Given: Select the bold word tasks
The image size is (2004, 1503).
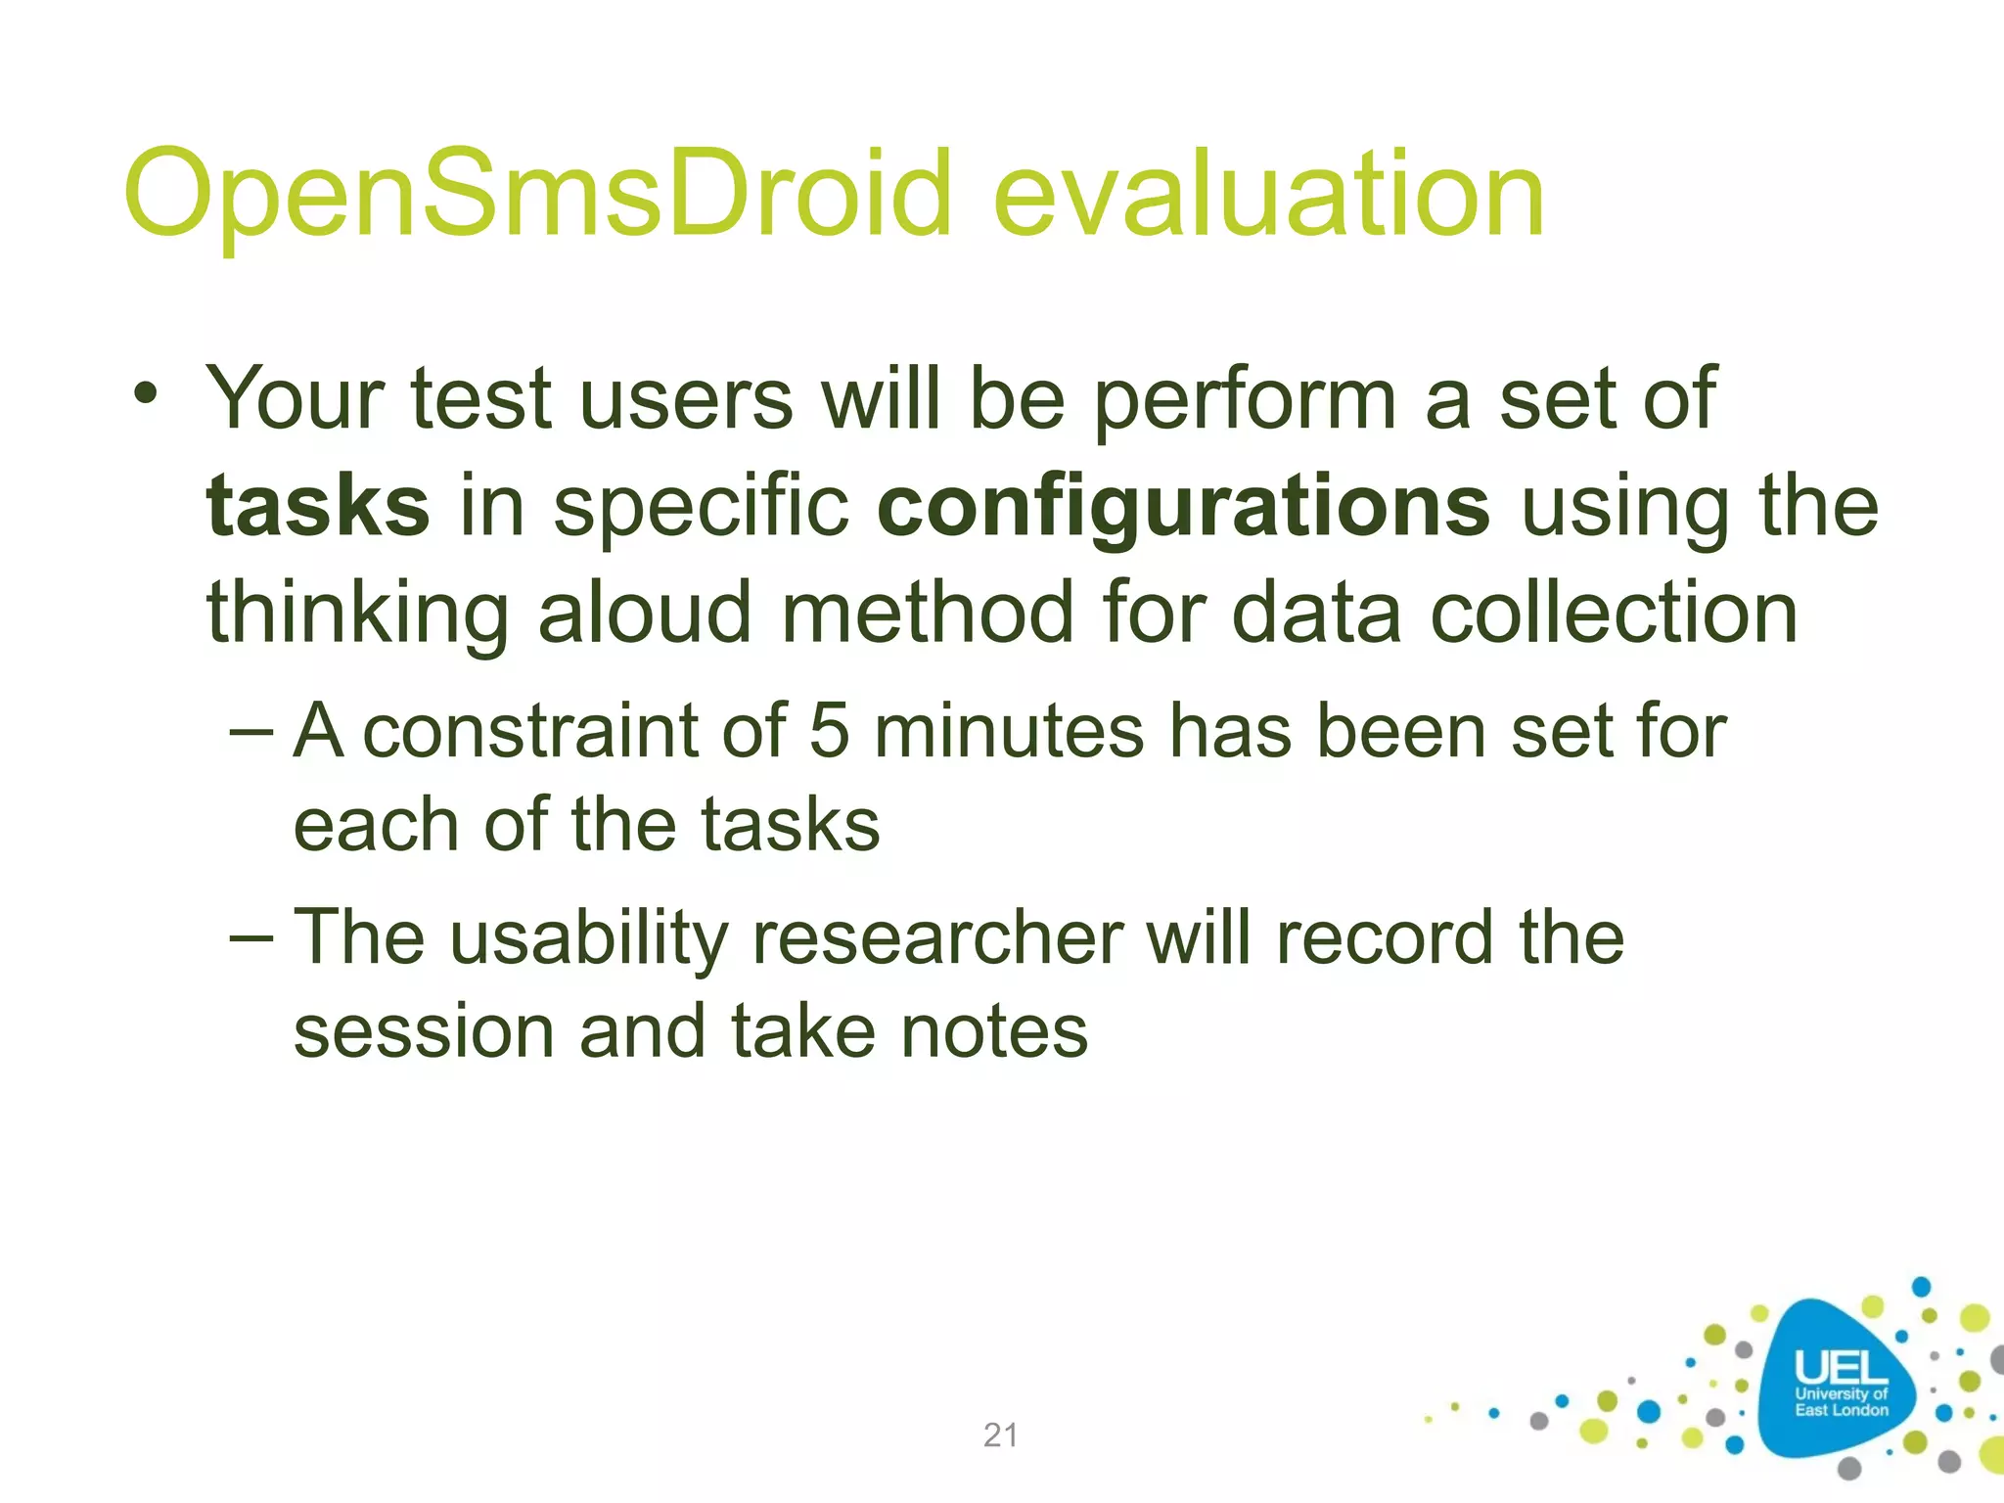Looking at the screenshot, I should [x=317, y=506].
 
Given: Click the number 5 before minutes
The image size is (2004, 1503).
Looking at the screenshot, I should [x=829, y=731].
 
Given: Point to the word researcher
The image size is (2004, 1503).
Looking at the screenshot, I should [x=938, y=938].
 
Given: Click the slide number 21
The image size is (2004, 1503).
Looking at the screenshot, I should [x=1000, y=1435].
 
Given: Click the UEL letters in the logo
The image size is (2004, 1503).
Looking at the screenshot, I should [x=1840, y=1368].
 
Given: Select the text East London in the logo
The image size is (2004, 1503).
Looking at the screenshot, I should [x=1841, y=1410].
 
